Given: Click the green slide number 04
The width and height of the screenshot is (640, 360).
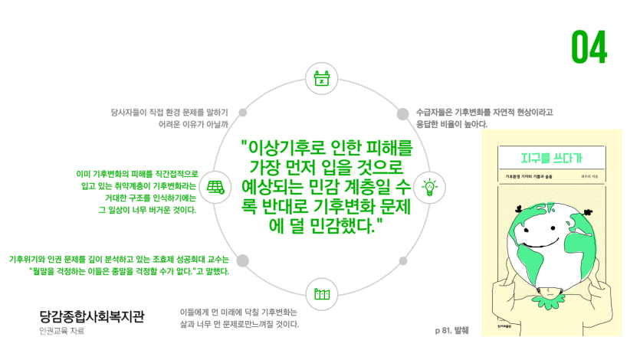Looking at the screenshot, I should (589, 47).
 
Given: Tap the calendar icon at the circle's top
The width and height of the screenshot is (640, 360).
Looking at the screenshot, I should (322, 78).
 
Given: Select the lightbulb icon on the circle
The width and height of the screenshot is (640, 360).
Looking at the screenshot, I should (429, 186).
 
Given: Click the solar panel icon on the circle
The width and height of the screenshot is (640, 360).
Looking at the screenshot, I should (215, 186).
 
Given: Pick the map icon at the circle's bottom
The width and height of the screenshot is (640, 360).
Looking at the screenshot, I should (322, 294).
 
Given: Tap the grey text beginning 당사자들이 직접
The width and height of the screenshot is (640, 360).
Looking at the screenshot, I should (174, 112).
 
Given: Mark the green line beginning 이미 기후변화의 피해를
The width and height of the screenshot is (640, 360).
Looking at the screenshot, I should (137, 174).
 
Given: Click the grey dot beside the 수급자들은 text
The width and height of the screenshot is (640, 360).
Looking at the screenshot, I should (402, 113).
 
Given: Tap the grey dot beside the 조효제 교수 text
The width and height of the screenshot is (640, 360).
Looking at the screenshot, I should (242, 260).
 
